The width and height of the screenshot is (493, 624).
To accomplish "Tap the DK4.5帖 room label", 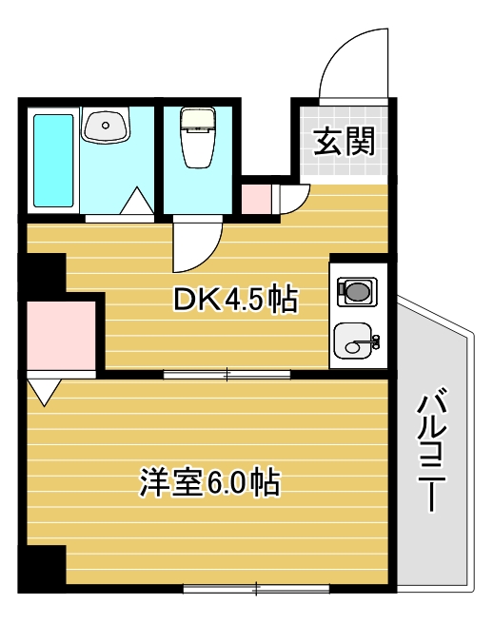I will tap(235, 301).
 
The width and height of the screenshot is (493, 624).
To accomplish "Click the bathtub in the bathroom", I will tap(53, 162).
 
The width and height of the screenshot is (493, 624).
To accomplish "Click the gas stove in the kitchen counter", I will tap(357, 291).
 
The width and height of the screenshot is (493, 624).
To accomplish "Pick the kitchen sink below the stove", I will tap(356, 340).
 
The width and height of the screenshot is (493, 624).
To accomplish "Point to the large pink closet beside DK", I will tap(63, 336).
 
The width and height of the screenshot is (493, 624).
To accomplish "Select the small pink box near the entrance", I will tap(256, 198).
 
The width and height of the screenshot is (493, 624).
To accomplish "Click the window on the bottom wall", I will tap(256, 588).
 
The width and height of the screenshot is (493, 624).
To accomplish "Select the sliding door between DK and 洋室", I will tap(227, 374).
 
